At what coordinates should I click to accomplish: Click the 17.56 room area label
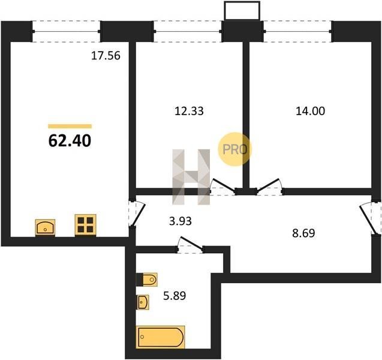tap(106, 56)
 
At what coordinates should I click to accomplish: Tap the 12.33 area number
tap(189, 111)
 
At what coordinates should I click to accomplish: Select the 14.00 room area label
tap(310, 111)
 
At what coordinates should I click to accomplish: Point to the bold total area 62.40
tap(70, 141)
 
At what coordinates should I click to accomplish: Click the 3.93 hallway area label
tap(181, 221)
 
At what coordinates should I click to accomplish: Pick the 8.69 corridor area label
tap(303, 233)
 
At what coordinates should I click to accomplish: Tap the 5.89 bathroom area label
tap(175, 296)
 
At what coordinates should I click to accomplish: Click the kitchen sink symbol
tap(45, 227)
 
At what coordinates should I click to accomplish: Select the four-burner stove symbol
tap(85, 225)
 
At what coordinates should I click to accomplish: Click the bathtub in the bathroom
tap(160, 337)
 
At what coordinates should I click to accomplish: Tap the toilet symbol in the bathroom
tap(147, 280)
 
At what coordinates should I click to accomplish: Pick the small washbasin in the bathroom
tap(143, 302)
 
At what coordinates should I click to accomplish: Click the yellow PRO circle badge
tap(234, 149)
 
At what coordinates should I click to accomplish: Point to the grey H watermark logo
tap(191, 177)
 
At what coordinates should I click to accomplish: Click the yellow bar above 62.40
tap(70, 126)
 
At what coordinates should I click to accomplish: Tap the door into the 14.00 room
tap(269, 186)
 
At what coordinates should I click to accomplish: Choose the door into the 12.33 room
tap(223, 186)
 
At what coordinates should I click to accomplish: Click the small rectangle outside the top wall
tap(242, 11)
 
